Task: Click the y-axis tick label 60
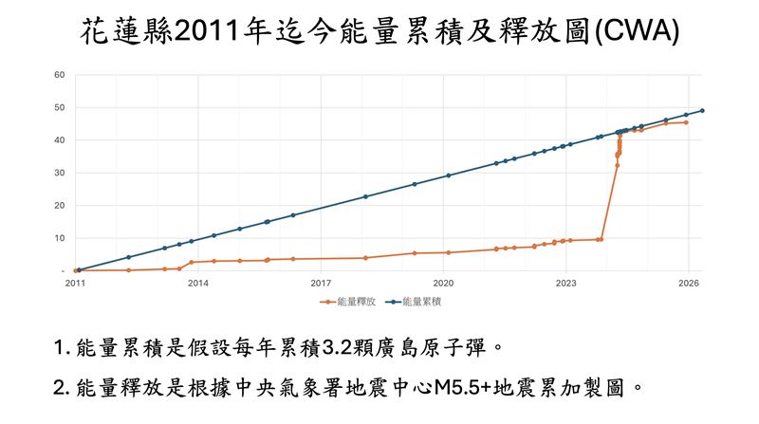point(59,75)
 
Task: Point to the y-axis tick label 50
point(59,107)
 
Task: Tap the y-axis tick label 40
point(59,140)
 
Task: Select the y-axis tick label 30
point(59,173)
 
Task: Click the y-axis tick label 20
point(59,205)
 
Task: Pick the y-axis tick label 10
point(59,238)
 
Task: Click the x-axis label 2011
point(75,283)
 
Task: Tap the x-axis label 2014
point(197,283)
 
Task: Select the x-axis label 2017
point(321,283)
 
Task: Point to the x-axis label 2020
point(443,283)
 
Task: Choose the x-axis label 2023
point(565,283)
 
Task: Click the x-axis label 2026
point(689,283)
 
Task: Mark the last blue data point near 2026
point(702,110)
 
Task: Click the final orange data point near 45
point(686,122)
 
